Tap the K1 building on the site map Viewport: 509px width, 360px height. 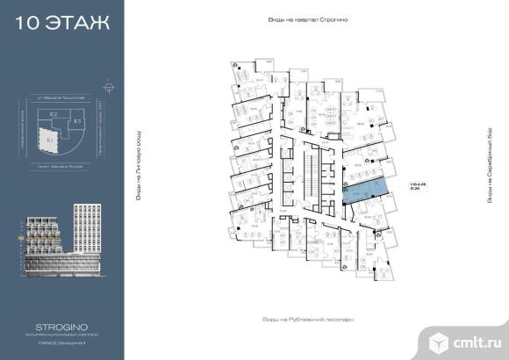coord(50,139)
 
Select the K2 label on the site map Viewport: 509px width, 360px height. coord(54,115)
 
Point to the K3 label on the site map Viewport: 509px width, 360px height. coord(77,120)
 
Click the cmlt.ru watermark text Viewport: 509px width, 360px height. coord(475,340)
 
